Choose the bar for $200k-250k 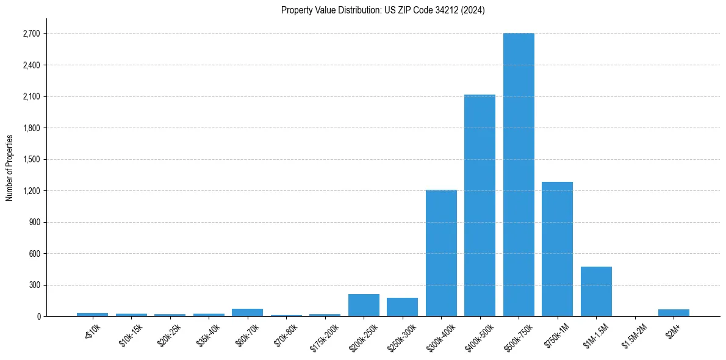(x=364, y=305)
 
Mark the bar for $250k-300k (x=402, y=307)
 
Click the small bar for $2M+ (x=674, y=312)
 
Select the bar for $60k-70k (x=247, y=312)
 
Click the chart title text (x=383, y=10)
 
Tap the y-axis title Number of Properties (x=9, y=167)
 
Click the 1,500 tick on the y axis (x=31, y=159)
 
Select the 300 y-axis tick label (x=34, y=285)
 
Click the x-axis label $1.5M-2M (x=632, y=336)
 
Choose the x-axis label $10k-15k (x=130, y=335)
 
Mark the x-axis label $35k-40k (x=207, y=335)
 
